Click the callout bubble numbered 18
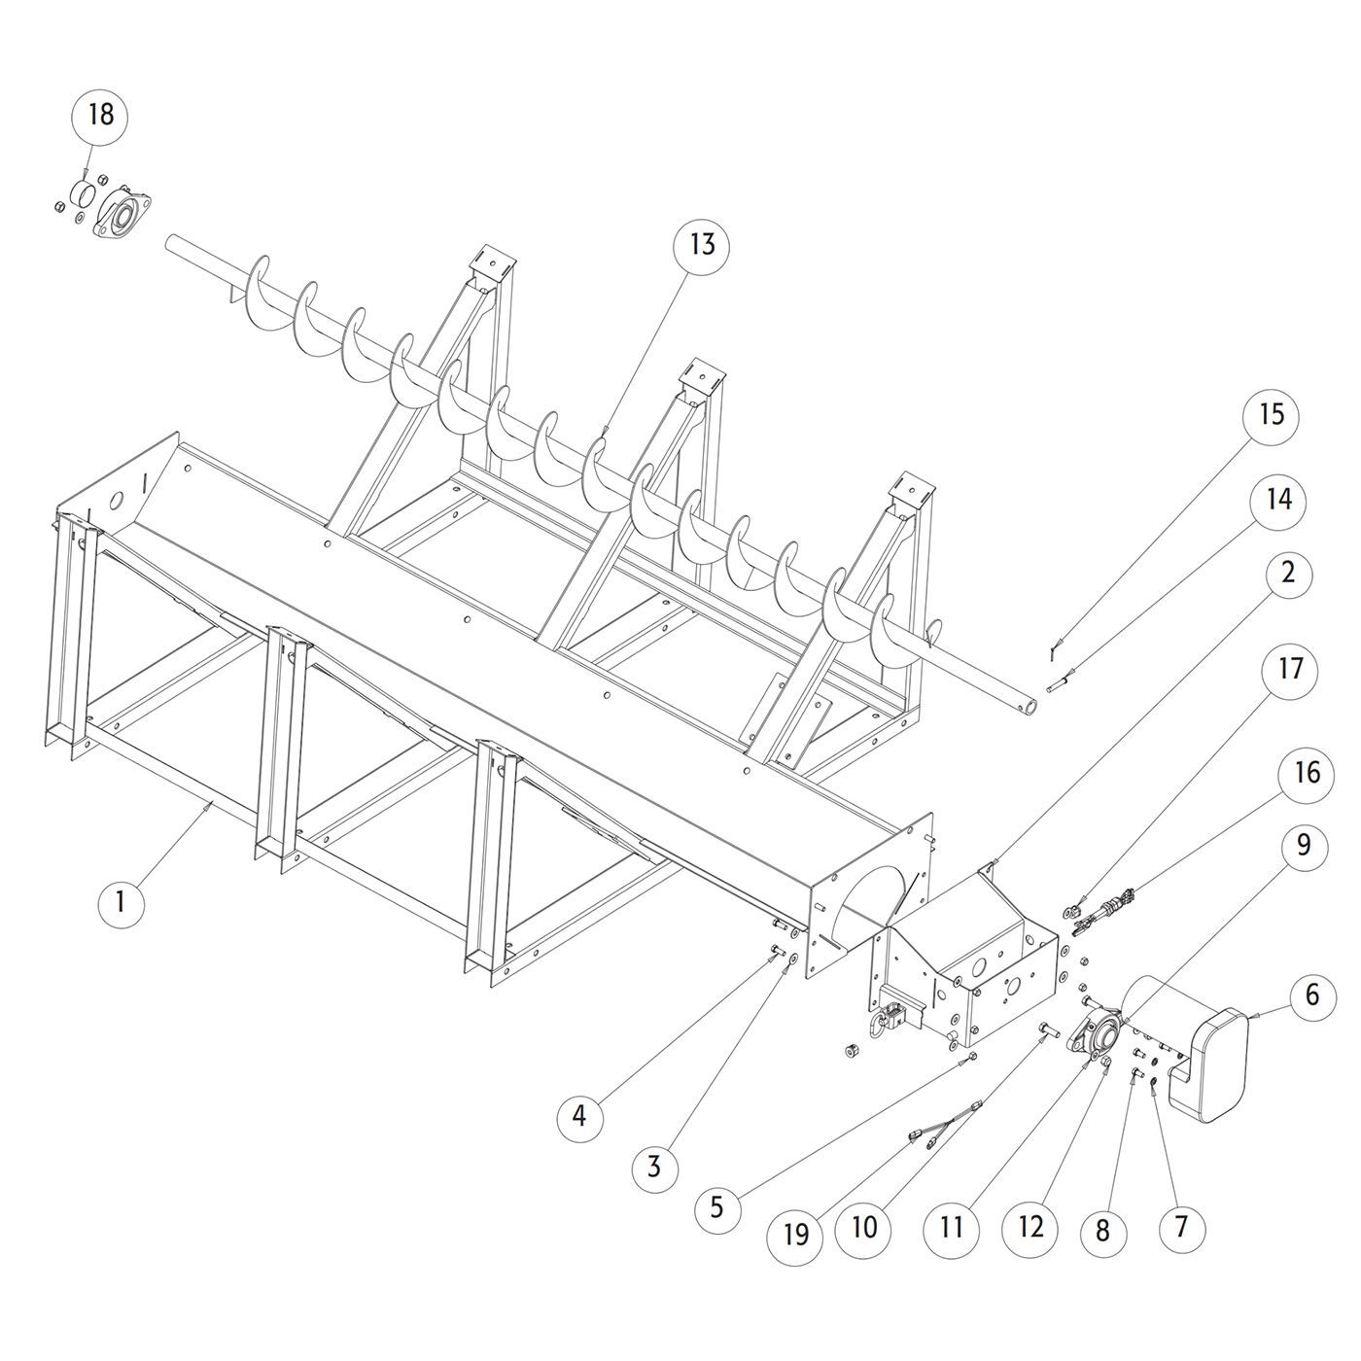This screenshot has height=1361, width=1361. coord(101,115)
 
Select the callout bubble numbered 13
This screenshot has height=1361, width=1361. coord(702,244)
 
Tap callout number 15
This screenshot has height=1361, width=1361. coord(1272,414)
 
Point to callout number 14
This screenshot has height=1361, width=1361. coord(1279,500)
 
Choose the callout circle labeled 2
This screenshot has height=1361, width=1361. coord(1288,574)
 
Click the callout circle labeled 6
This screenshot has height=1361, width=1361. coord(1312,995)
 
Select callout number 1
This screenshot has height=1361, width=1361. coord(121,902)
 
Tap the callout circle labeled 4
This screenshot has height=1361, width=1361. coord(579,1115)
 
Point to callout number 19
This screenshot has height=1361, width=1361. coord(795,1234)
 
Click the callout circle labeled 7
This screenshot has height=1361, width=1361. coord(1181,1227)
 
